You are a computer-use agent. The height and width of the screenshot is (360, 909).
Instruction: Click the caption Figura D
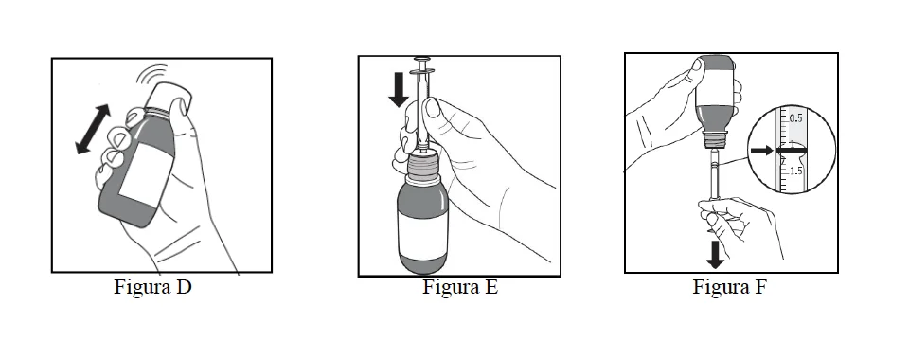pos(152,287)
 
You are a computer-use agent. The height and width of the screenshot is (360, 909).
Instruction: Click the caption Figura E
pos(460,287)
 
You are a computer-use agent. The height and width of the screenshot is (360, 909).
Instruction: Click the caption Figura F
pos(729,287)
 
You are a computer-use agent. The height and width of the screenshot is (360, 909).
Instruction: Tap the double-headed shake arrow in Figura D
pos(94,129)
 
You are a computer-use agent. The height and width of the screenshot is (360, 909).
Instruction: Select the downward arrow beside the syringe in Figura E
pos(399,90)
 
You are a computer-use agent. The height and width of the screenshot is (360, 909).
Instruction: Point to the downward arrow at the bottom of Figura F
pos(716,255)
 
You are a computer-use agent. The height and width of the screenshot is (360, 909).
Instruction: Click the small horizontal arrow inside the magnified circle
pos(761,151)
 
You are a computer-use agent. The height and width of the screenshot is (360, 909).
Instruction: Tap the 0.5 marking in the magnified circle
pos(795,118)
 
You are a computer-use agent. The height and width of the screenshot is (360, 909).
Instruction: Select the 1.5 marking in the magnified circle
pos(795,171)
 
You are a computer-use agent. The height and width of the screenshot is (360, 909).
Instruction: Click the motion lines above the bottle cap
pos(153,74)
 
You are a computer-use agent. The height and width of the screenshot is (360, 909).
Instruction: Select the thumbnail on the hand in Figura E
pos(433,108)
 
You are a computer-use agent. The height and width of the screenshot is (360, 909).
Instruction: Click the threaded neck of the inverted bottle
pos(715,139)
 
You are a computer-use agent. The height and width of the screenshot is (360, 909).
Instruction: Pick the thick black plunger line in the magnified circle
pos(792,151)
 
